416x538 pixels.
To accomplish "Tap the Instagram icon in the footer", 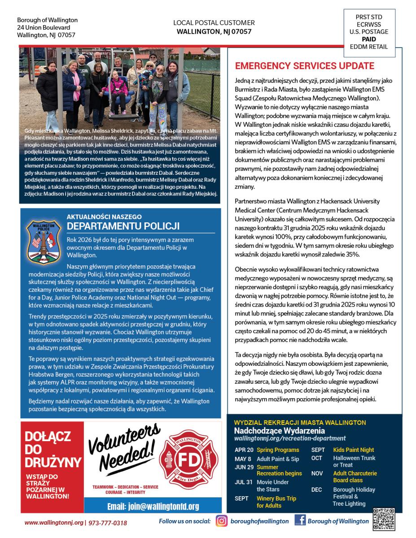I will click(222, 521).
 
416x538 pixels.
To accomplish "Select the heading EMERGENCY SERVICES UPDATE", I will click(305, 66).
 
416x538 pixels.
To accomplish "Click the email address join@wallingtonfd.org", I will click(153, 507).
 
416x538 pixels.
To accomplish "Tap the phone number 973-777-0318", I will click(108, 523).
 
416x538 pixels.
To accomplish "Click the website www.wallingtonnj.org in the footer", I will click(54, 523).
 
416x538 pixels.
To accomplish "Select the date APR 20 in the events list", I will click(244, 450).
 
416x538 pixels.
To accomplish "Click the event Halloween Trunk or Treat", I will click(354, 461).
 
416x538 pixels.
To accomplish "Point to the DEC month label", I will click(316, 490).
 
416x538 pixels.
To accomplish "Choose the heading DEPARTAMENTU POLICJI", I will click(123, 225).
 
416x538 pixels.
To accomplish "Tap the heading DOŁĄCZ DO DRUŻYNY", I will click(53, 449).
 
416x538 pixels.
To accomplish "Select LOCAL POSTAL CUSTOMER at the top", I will click(214, 23).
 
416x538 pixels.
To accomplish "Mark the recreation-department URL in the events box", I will click(290, 438).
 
